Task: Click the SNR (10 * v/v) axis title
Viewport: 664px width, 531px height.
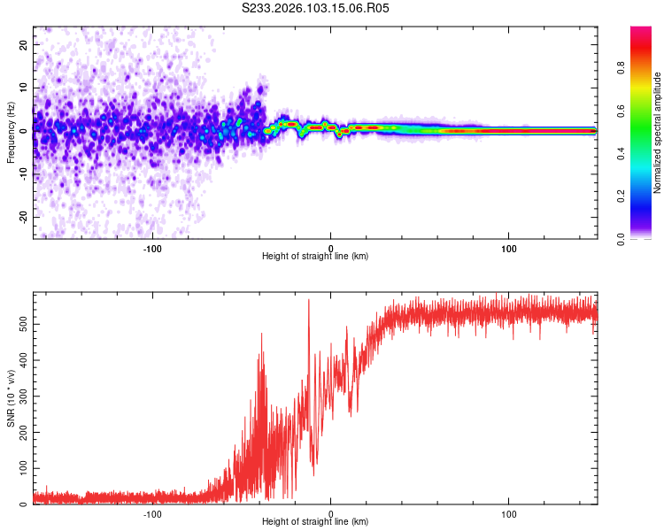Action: (11, 399)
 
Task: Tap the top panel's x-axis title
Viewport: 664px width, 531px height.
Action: (315, 257)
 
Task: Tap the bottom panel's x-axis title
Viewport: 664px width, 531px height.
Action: (315, 522)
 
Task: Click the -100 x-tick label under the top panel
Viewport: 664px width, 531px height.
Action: (151, 248)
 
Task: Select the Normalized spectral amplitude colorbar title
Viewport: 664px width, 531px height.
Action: (658, 133)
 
